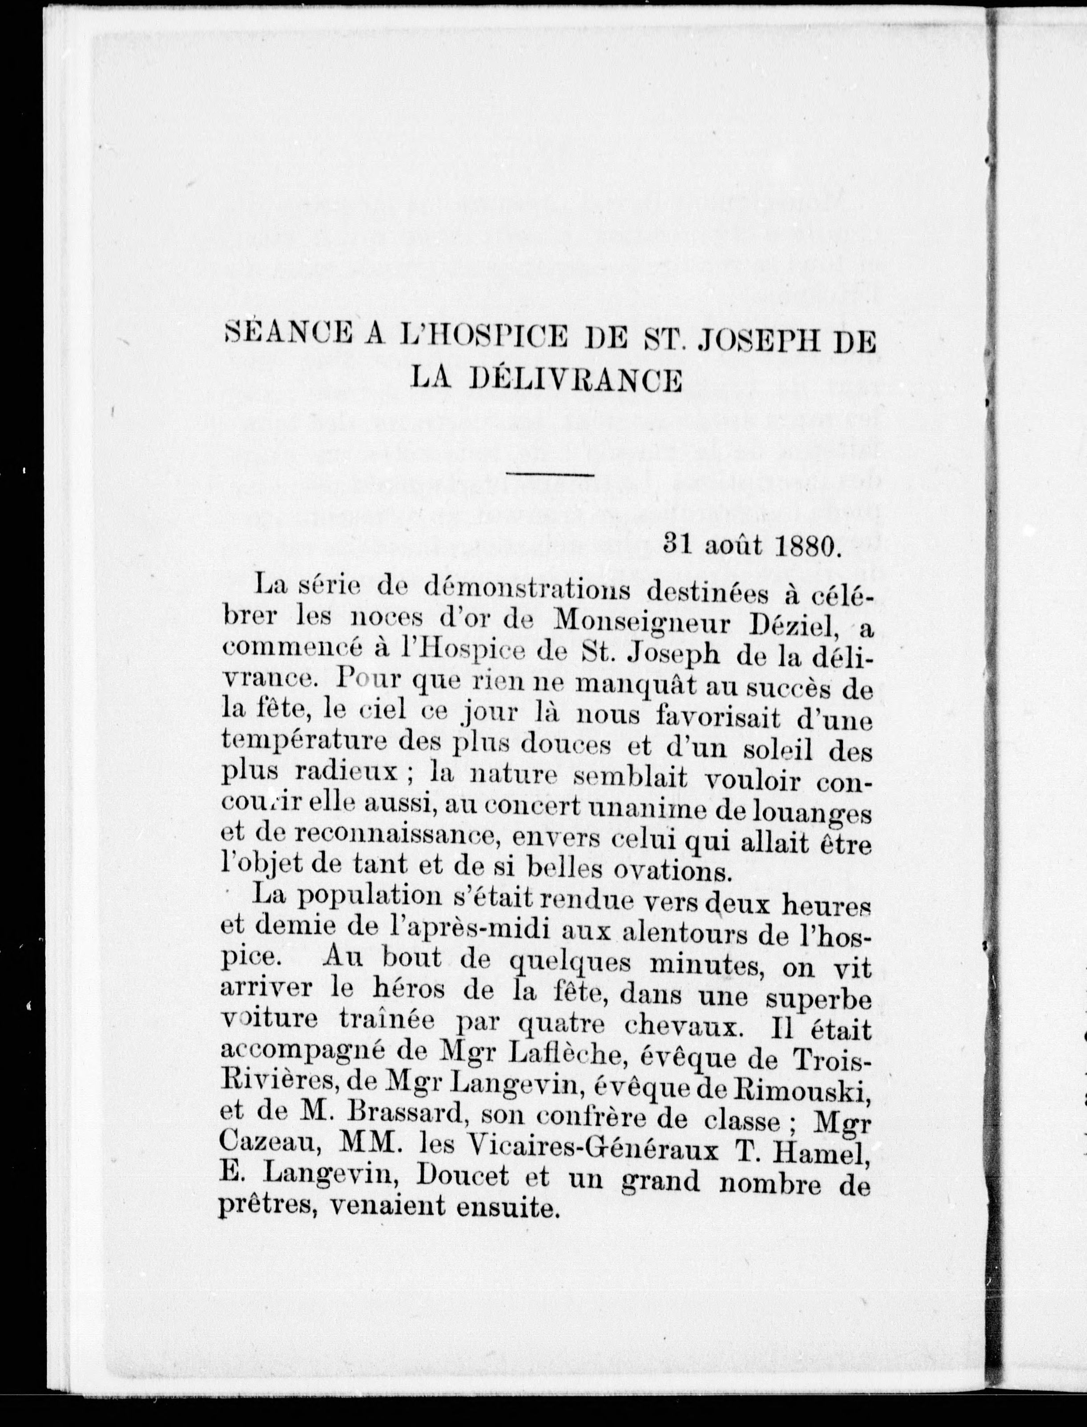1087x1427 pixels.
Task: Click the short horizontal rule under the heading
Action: coord(551,475)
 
